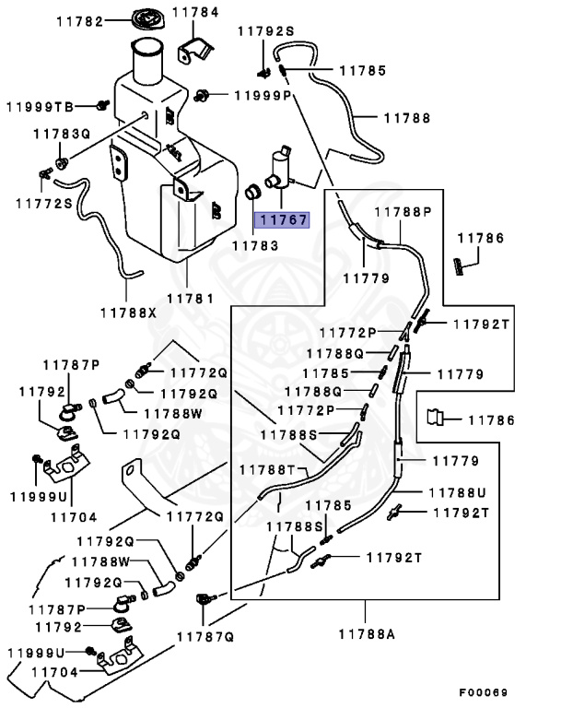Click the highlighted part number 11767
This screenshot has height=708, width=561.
pos(283,220)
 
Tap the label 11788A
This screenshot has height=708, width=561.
pos(366,633)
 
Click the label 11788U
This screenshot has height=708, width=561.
pos(455,493)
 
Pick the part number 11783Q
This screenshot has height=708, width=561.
pos(63,134)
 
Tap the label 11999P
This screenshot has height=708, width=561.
pos(262,95)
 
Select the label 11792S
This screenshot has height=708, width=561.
pos(265,30)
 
